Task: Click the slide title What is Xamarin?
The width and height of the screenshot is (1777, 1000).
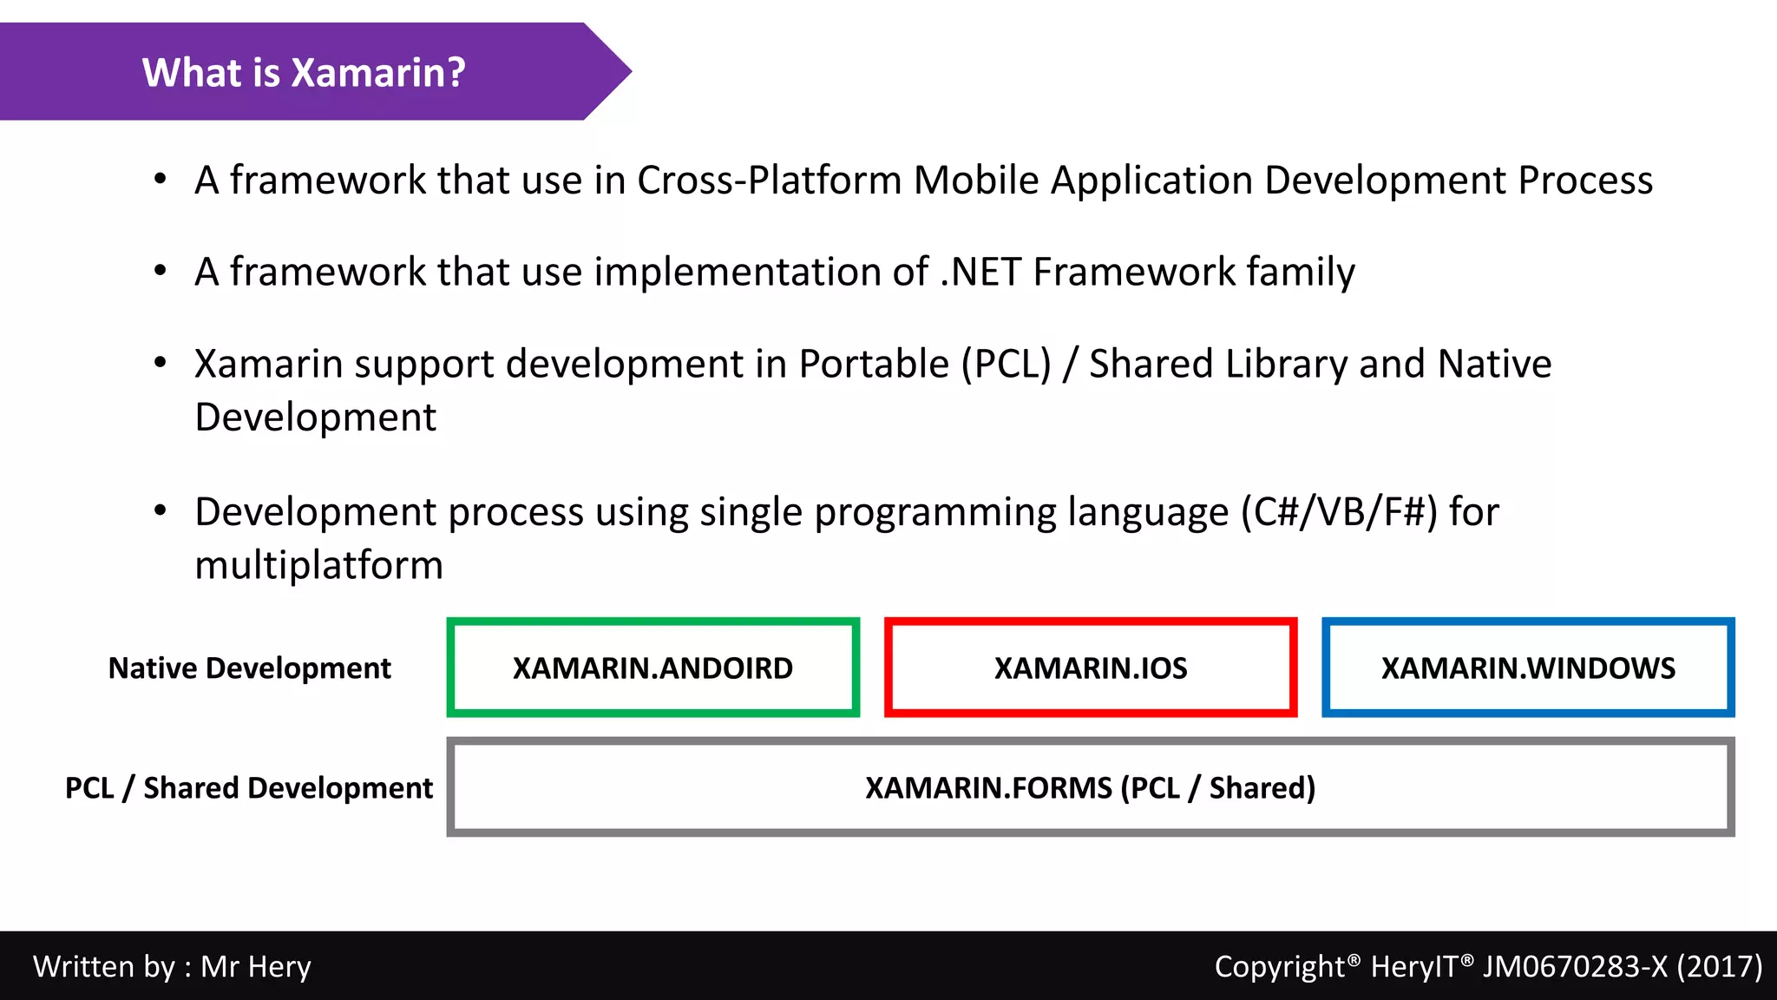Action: coord(304,72)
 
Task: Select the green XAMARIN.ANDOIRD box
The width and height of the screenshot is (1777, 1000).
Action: coord(652,668)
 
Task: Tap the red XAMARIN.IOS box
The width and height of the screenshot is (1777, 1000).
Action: coord(1090,668)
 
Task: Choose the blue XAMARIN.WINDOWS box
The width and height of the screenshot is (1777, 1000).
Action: coord(1527,668)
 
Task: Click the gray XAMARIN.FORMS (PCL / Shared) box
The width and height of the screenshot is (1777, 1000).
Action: coord(1090,787)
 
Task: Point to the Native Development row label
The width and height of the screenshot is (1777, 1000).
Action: coord(249,668)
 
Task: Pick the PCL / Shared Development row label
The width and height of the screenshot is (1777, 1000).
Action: coord(248,788)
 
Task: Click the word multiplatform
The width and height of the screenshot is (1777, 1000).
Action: coord(318,566)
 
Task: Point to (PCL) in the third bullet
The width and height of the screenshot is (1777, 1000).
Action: coord(1006,365)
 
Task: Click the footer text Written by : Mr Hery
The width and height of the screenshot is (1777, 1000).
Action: coord(172,966)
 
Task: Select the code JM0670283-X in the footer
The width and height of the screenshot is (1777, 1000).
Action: coord(1574,966)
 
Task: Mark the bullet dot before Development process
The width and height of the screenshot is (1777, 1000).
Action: coord(160,511)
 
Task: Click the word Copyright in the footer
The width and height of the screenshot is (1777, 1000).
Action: coord(1279,966)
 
